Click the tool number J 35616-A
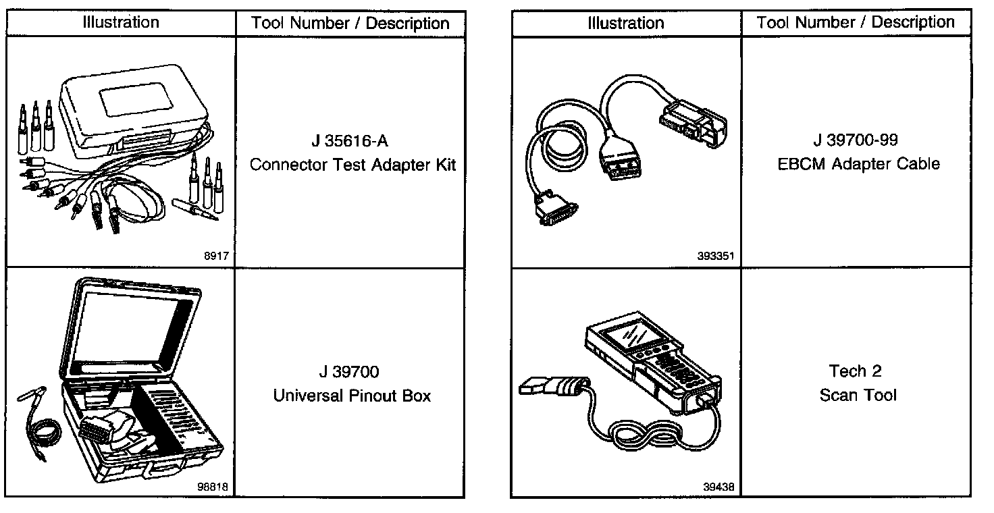tap(350, 142)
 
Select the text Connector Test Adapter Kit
tap(352, 165)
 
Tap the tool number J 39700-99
tap(856, 140)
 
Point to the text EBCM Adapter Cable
tap(858, 164)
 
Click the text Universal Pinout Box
tap(352, 395)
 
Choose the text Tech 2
tap(856, 371)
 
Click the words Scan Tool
tap(858, 395)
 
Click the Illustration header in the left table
tap(121, 22)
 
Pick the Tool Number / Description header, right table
tap(856, 22)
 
